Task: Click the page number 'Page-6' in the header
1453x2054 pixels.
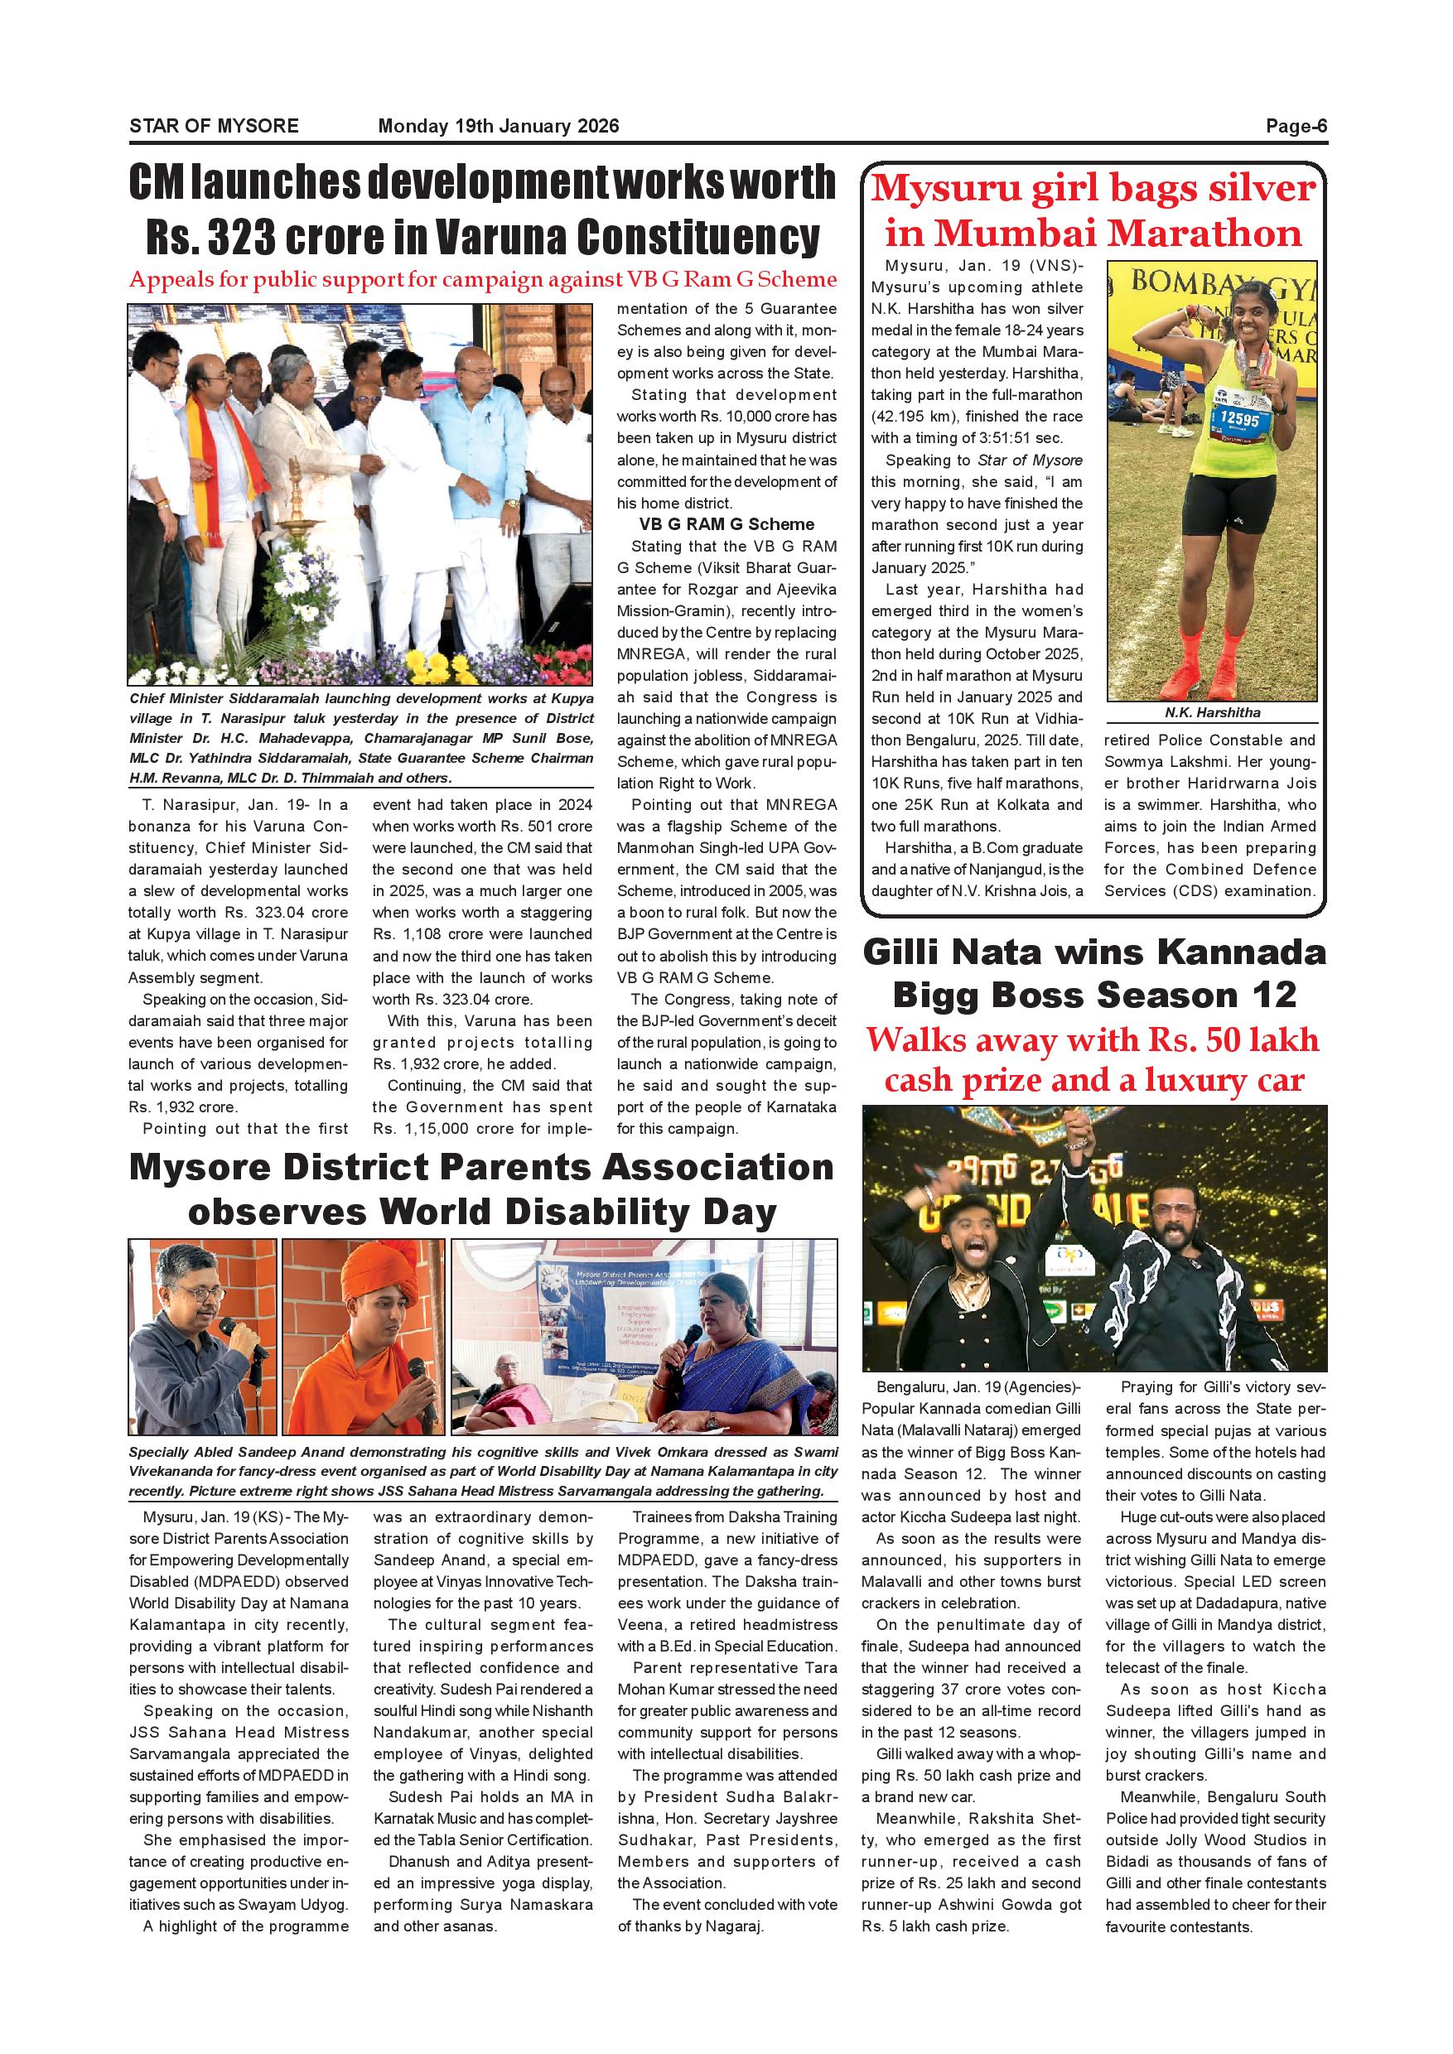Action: click(1296, 126)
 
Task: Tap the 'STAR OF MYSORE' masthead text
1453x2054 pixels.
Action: click(214, 126)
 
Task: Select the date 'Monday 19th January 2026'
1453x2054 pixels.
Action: click(499, 126)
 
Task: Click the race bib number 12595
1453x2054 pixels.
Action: click(1238, 419)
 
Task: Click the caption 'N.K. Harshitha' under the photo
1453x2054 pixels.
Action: click(1212, 713)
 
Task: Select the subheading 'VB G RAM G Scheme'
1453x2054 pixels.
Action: click(726, 524)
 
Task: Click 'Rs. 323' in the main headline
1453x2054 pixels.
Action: click(211, 237)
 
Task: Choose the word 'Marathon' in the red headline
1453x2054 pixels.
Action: click(1204, 234)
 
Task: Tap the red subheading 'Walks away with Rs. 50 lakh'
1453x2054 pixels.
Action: click(1093, 1039)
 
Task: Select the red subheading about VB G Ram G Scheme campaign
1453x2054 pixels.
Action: click(483, 280)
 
